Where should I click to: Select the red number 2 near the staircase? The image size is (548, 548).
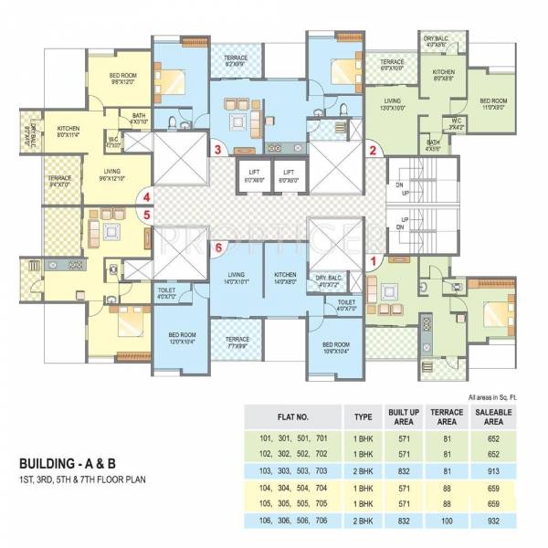372,151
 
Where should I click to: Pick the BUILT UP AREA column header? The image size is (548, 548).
402,416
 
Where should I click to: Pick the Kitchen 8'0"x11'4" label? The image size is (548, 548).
69,132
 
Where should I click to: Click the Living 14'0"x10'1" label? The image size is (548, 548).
237,278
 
